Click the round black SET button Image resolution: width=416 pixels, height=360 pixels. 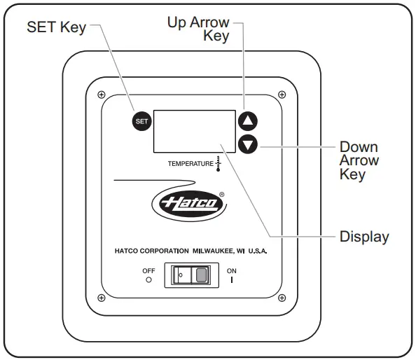coord(141,121)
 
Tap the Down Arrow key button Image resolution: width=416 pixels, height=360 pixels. coord(248,144)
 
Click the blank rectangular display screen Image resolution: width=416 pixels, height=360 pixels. coord(195,131)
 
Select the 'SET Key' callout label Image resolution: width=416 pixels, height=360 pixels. coord(56,28)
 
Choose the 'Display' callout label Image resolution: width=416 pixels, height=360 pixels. coord(363,236)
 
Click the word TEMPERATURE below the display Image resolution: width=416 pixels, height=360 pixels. coord(190,164)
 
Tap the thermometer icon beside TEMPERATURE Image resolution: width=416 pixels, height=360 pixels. coord(219,164)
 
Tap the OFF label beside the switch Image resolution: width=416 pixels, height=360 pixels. coord(148,270)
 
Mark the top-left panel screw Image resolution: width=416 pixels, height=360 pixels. coord(102,95)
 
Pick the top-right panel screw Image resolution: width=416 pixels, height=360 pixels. coord(282,95)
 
